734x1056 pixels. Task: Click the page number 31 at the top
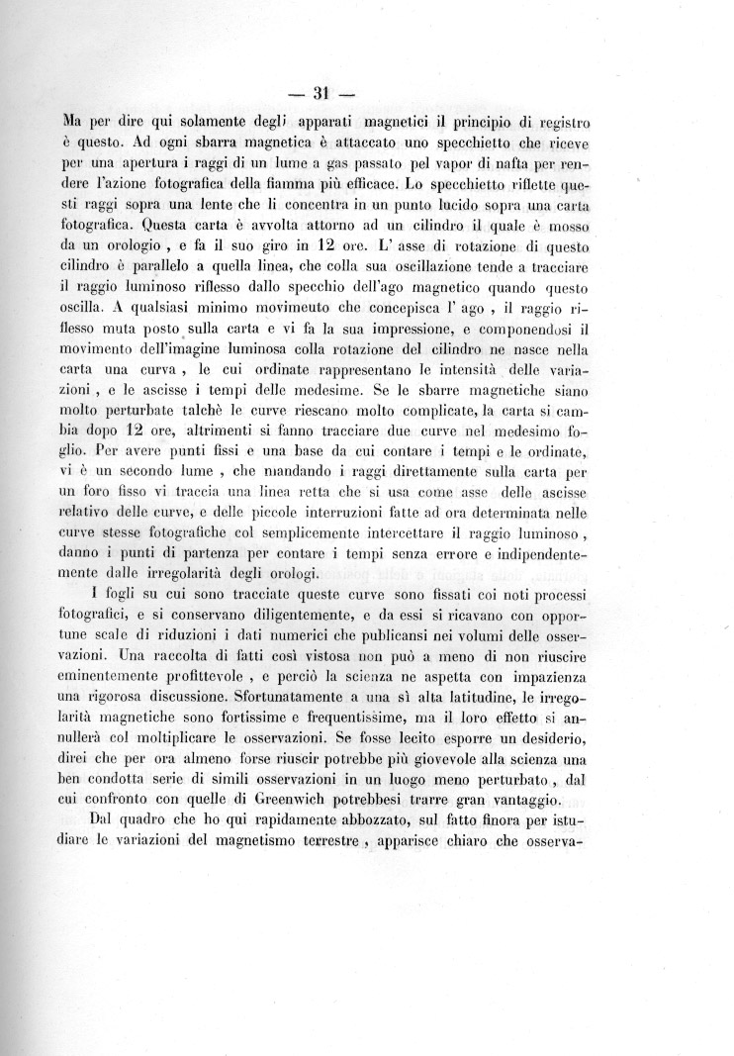point(321,95)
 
